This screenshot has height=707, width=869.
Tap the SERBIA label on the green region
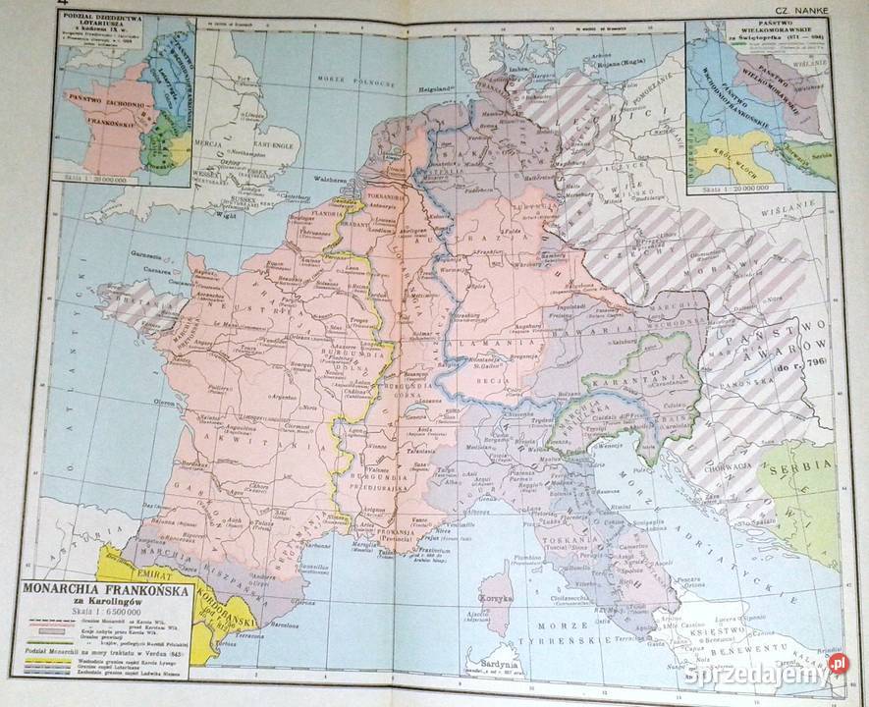807,468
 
